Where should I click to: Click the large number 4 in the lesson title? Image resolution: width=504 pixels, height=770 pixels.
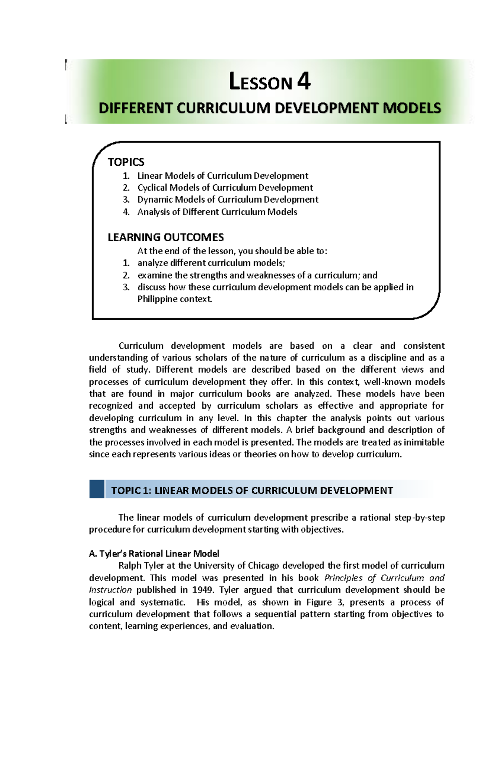pos(304,81)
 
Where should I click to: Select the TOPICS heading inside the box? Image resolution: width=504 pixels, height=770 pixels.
pos(126,162)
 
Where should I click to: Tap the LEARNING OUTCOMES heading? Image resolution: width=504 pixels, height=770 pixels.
pos(165,237)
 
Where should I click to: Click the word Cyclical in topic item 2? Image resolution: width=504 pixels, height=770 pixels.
pos(152,188)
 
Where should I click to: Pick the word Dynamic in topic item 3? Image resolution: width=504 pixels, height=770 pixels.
pos(155,199)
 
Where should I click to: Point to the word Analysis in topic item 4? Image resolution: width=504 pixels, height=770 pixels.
pos(153,212)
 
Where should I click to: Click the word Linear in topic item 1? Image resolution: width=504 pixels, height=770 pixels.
pos(150,175)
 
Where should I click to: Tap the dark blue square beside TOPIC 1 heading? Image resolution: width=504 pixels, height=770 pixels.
pos(97,489)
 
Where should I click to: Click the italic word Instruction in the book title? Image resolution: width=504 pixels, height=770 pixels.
pos(110,590)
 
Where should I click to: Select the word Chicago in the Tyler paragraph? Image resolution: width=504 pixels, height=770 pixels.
pos(263,565)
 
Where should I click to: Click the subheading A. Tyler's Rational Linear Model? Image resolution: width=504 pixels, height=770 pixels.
pos(154,553)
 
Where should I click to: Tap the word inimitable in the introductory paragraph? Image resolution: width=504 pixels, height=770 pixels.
pos(424,442)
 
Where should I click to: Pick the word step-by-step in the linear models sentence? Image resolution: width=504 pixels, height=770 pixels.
pos(419,517)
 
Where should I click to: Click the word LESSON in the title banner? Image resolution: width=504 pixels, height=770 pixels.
pos(260,82)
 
